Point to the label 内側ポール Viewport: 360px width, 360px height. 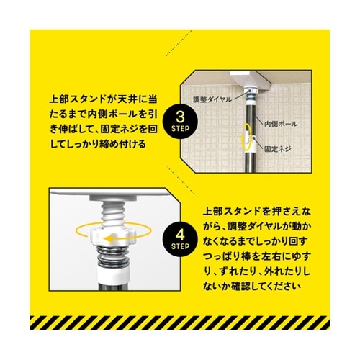pos(281,124)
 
